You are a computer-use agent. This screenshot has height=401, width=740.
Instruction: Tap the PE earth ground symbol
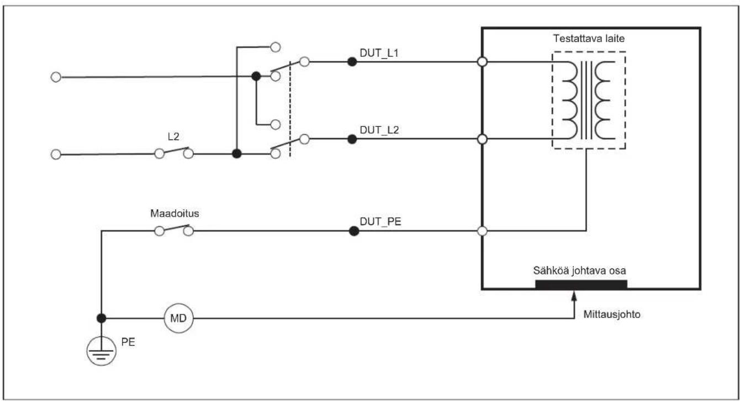pos(102,351)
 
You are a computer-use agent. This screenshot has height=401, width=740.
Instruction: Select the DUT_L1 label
pos(379,53)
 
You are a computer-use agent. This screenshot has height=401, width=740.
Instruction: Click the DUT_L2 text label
pos(379,130)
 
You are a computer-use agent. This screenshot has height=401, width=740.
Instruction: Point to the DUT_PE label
pos(380,221)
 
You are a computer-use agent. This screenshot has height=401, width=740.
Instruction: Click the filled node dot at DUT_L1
pos(352,62)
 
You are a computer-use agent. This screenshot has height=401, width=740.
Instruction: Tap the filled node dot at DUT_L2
pos(352,139)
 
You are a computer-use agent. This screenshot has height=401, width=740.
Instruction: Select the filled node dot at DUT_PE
pos(354,231)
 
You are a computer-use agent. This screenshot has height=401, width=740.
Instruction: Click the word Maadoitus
pos(175,213)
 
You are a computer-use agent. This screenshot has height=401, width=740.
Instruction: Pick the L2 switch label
pos(173,136)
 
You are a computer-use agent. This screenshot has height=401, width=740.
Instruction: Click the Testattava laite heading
pos(589,39)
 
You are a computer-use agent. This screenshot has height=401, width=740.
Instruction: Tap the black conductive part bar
pos(581,284)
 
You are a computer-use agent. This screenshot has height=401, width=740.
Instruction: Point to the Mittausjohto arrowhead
pos(574,294)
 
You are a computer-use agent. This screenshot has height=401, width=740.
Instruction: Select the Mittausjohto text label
pos(612,314)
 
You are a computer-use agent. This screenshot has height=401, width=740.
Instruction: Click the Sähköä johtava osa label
pos(579,271)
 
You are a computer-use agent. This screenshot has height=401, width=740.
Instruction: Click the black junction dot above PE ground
pos(102,318)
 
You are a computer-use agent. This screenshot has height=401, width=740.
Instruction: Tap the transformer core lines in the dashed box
pos(586,101)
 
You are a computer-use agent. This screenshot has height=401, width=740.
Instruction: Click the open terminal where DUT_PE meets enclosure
pos(482,231)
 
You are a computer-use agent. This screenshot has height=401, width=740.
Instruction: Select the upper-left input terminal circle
pos(56,77)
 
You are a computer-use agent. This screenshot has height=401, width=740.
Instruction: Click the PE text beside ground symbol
pos(128,342)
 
